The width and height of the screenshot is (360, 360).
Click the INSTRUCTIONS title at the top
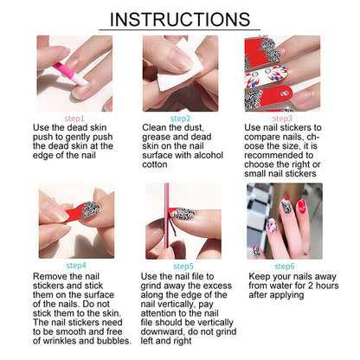coord(180,19)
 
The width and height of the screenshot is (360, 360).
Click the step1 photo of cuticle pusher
coord(75,73)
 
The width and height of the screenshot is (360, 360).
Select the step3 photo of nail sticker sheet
coord(283,73)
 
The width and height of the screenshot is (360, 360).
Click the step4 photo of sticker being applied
coord(75,221)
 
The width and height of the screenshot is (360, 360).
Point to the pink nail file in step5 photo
coord(161,221)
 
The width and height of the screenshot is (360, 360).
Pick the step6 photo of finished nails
coord(283,221)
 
